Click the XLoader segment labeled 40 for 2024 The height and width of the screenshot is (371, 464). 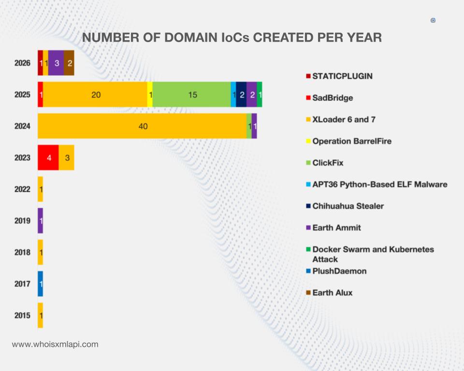142,126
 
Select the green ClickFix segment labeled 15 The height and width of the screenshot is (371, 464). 192,95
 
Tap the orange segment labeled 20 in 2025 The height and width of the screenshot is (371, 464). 95,95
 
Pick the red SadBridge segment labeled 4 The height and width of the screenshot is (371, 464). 48,157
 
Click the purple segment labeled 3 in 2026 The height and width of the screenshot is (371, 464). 56,63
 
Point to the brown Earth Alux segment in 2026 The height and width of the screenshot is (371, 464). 69,63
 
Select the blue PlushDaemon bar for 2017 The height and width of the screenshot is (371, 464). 41,284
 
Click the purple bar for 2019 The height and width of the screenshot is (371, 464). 41,221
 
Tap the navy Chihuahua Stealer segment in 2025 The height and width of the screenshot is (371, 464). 241,95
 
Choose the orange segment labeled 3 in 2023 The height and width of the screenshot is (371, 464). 67,157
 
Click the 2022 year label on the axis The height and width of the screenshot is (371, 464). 22,189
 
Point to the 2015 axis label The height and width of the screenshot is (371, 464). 22,315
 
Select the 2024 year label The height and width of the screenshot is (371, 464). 22,126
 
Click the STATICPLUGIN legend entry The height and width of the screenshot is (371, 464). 342,76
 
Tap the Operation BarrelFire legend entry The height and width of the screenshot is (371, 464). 351,141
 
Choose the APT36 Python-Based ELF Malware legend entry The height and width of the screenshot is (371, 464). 379,185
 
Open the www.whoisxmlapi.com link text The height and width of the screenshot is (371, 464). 55,344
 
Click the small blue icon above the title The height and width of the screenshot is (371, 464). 433,20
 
